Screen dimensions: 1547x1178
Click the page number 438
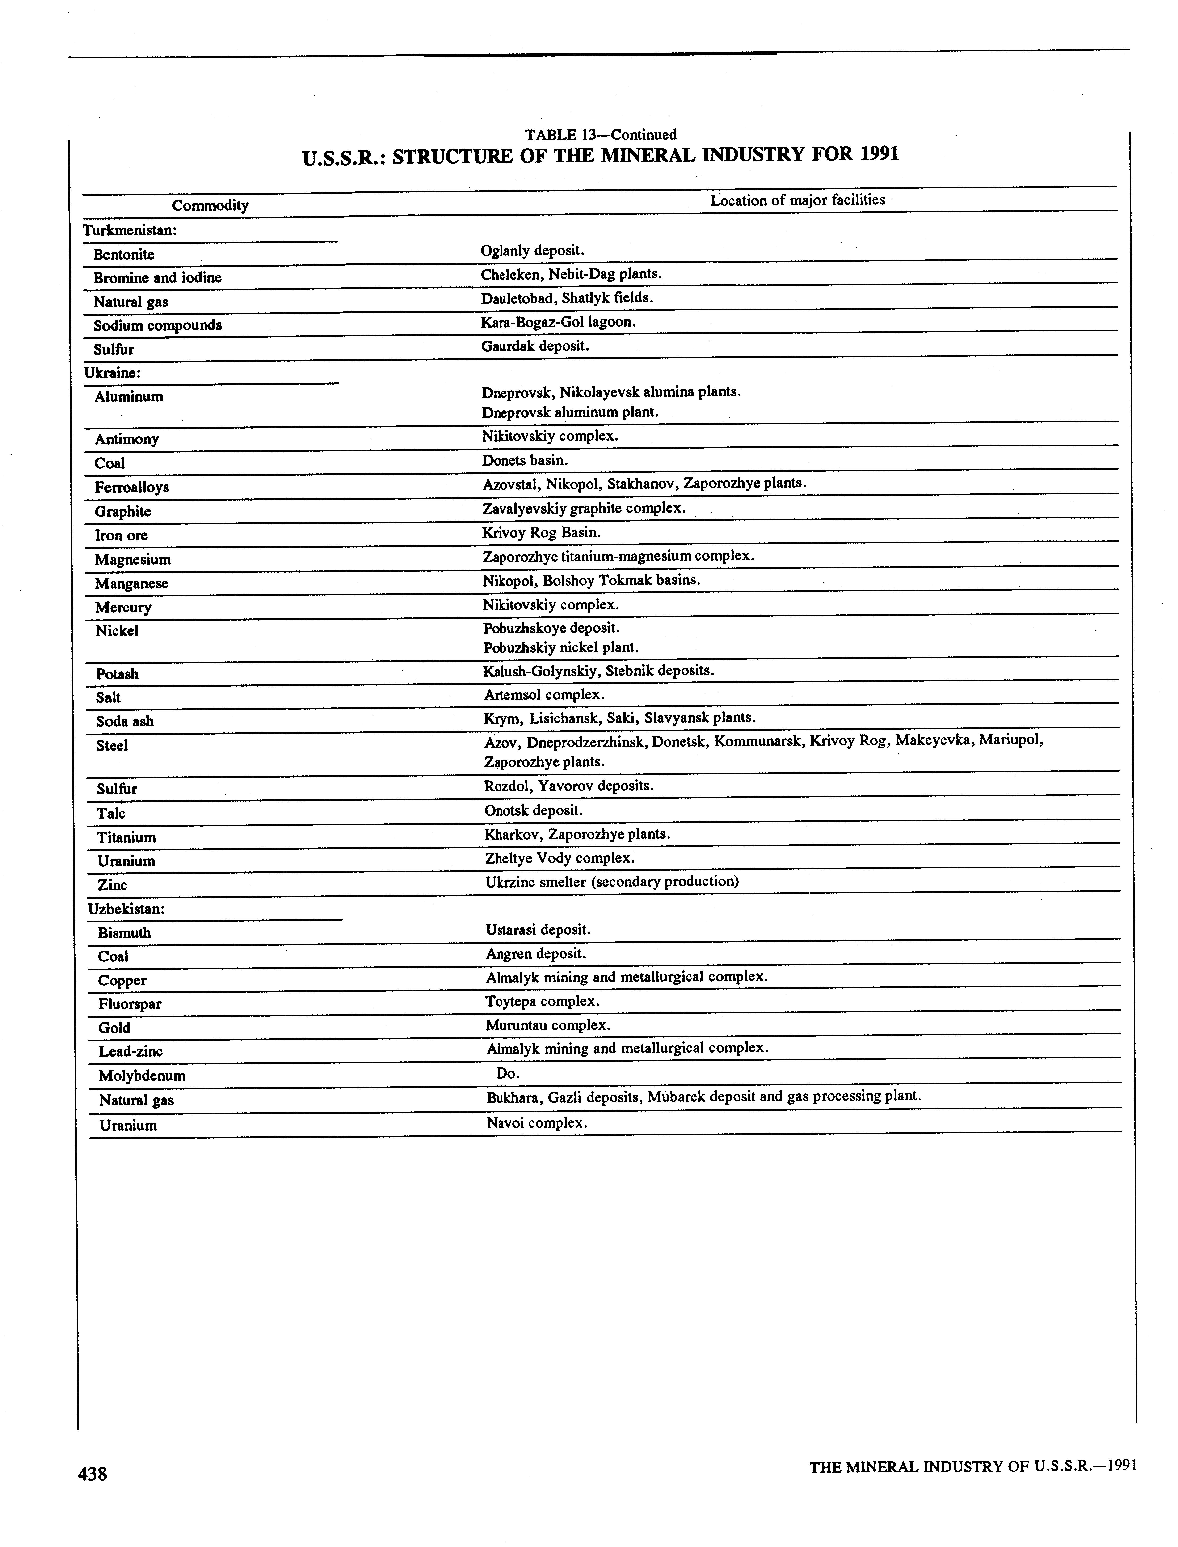[93, 1474]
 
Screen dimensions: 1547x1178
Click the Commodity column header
[210, 206]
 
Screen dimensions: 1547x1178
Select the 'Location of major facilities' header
[797, 200]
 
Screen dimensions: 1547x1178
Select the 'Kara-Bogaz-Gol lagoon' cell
[558, 322]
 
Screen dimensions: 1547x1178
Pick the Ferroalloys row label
[132, 487]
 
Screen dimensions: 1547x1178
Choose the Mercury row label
[123, 608]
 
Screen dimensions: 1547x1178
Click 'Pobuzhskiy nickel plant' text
[560, 648]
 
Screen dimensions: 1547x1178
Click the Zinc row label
[112, 885]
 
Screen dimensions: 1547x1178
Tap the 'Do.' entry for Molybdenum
[508, 1073]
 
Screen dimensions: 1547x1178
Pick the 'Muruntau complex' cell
[548, 1025]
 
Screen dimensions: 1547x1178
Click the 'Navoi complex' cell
[536, 1122]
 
